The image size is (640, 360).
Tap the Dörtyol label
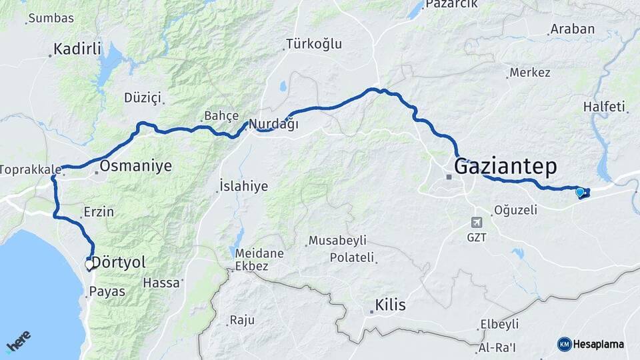point(117,262)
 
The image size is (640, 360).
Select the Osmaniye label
point(135,166)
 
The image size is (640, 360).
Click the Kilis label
point(391,306)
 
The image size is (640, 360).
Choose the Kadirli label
point(77,49)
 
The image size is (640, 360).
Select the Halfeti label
point(604,107)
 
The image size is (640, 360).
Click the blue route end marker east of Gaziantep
point(580,193)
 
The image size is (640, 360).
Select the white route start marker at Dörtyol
point(89,265)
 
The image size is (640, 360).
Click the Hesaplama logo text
point(597,344)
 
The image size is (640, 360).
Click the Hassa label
point(161,283)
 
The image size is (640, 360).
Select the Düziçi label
point(143,98)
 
